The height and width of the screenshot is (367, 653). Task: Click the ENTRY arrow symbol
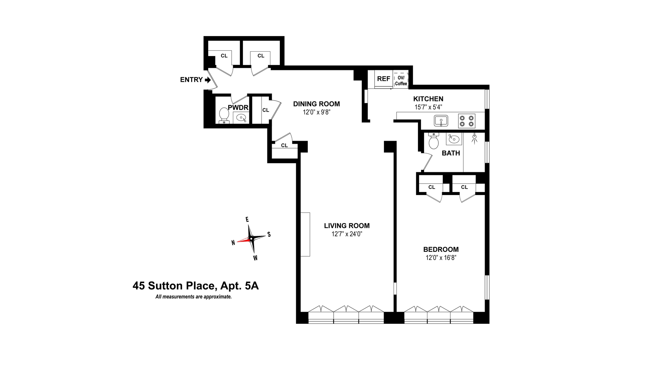coord(208,80)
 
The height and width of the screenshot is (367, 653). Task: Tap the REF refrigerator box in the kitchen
coord(384,79)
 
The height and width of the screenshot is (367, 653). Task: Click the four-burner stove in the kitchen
coord(467,121)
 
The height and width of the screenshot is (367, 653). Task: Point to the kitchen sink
coord(441,121)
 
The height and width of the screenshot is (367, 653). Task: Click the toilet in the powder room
coord(223,115)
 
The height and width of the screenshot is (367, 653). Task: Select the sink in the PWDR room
coord(241,118)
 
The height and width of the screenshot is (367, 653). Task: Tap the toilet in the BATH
coord(434,141)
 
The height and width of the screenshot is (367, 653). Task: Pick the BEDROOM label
coord(441,249)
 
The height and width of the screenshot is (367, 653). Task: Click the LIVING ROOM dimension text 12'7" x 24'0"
coord(347,234)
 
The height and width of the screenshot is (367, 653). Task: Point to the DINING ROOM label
coord(316,104)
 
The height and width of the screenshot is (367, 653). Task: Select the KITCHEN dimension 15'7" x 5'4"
coord(428,107)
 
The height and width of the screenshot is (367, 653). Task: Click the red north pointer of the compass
coord(243,241)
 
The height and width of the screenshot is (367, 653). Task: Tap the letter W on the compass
coord(255,258)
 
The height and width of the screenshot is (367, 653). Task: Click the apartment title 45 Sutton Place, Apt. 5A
coord(196,286)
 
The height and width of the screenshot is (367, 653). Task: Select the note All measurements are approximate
coord(194,297)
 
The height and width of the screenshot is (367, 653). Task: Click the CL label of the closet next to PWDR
coord(266,110)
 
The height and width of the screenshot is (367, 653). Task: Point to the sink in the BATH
coord(453,139)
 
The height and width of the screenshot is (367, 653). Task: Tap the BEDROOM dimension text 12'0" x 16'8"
coord(441,258)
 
